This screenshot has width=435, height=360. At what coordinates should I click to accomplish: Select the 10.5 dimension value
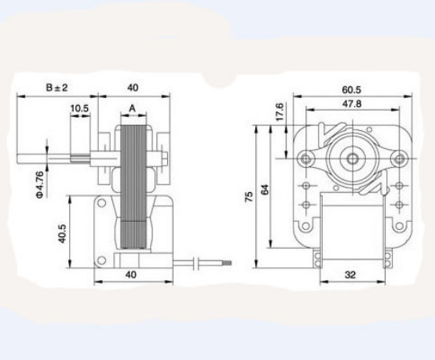point(79,108)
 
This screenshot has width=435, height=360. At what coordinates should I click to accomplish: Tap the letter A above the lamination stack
point(132,109)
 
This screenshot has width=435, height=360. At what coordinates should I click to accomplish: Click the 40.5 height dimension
point(62,233)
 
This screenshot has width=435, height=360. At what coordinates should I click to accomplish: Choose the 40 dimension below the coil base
point(132,275)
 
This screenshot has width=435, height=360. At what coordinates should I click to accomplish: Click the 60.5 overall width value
point(351,89)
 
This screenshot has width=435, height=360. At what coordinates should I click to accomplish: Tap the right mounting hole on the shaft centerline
point(398,159)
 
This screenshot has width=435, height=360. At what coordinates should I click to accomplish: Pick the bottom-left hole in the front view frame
point(305,205)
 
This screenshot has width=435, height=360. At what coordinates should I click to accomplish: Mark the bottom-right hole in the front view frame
point(398,205)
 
